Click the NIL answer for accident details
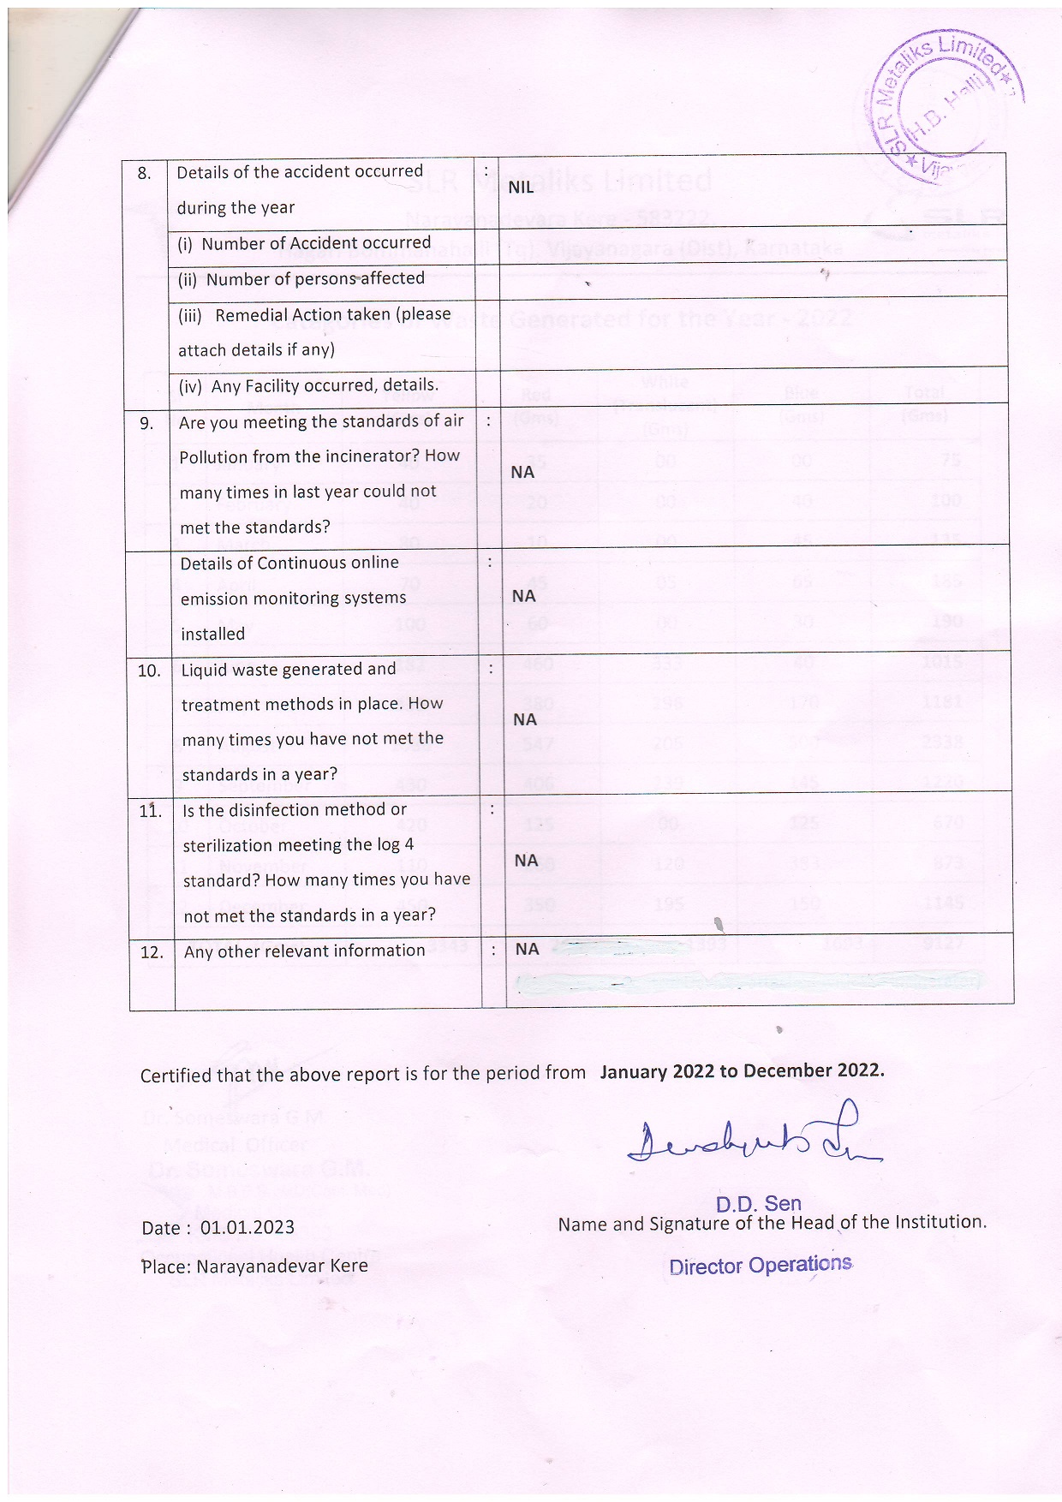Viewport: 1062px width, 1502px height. tap(521, 188)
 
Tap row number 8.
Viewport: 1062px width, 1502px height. tap(145, 173)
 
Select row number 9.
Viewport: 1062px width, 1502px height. tap(146, 423)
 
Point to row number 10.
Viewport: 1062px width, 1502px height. tap(149, 671)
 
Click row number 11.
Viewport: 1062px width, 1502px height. tap(151, 810)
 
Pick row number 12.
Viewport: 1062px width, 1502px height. tap(152, 952)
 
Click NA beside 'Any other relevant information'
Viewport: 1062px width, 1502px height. tap(527, 949)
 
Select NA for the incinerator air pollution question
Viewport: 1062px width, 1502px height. tap(522, 472)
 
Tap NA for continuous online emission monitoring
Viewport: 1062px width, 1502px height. tap(523, 596)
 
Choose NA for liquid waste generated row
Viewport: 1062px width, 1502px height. tap(525, 719)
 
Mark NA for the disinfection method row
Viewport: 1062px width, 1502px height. tap(526, 860)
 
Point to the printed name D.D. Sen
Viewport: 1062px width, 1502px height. tap(758, 1203)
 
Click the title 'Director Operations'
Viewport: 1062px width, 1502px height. tap(760, 1266)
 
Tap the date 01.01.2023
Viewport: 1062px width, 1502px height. tap(248, 1227)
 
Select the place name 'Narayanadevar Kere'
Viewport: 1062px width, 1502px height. tap(282, 1266)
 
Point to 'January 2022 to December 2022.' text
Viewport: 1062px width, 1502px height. tap(742, 1070)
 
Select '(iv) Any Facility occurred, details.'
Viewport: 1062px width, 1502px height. tap(308, 386)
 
